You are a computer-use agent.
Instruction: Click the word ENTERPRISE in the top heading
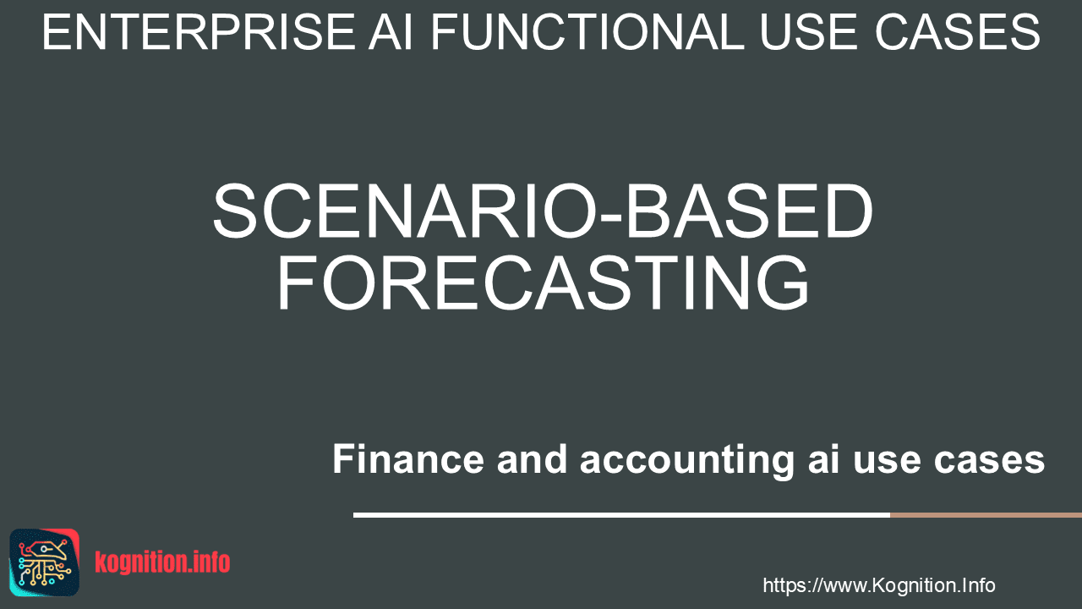click(199, 32)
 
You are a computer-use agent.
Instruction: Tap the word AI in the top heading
click(391, 32)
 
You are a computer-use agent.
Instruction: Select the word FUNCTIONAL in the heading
click(587, 32)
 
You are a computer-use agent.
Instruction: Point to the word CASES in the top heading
click(957, 32)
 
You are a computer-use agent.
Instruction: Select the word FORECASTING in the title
click(543, 283)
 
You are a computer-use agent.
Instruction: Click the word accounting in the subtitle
click(687, 462)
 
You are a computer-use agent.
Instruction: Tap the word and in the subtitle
click(532, 458)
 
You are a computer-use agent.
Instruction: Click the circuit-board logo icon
click(44, 562)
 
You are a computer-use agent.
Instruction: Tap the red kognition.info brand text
click(162, 562)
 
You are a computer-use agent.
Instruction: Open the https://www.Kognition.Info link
click(879, 586)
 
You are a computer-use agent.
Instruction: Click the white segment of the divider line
click(621, 515)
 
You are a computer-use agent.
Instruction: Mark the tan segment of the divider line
click(986, 515)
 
